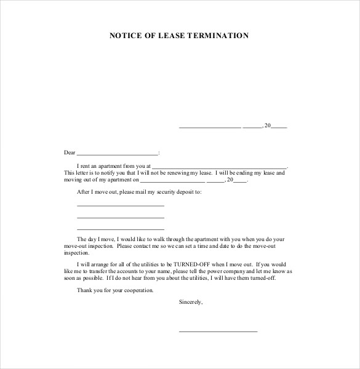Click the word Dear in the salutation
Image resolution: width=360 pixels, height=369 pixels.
click(70, 152)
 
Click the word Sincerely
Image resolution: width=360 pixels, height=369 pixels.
click(190, 302)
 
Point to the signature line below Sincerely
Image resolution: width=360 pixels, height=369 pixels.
click(218, 331)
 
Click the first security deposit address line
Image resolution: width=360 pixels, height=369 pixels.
click(121, 205)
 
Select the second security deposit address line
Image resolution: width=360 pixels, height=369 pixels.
click(121, 217)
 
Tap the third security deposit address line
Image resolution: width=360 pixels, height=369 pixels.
click(121, 229)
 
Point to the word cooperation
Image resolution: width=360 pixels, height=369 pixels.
click(138, 290)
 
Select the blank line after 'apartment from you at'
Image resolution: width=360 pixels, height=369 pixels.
click(219, 167)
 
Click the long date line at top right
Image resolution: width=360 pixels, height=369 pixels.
click(210, 126)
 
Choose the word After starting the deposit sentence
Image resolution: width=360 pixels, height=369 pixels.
click(83, 192)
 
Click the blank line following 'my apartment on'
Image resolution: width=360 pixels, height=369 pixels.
click(173, 181)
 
